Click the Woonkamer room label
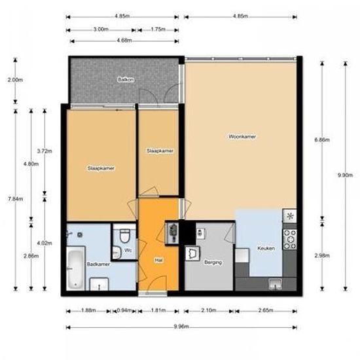[242, 137]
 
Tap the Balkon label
[125, 79]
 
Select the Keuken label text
[266, 249]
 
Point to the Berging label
[213, 262]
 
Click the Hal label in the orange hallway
[158, 259]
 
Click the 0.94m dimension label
[122, 311]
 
